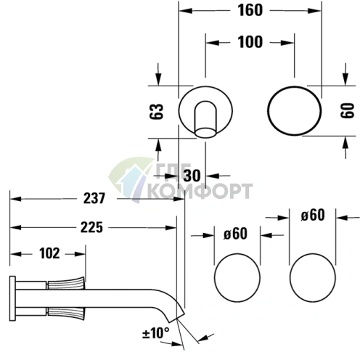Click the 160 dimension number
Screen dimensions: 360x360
[250, 11]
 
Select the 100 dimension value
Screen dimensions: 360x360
[250, 42]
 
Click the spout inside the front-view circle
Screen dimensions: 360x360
[207, 118]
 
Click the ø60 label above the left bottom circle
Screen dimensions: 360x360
[237, 234]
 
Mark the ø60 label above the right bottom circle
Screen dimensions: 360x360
[313, 215]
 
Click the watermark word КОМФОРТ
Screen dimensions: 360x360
[199, 192]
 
